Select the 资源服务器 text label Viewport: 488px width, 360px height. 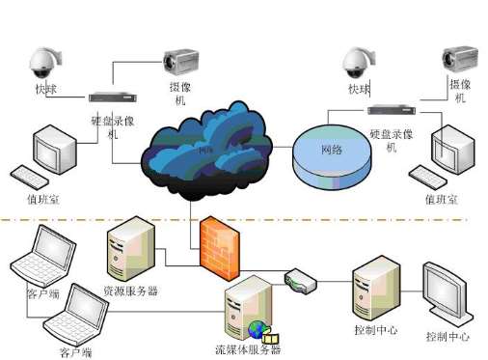[x=129, y=290]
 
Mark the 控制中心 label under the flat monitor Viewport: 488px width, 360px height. [x=447, y=337]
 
